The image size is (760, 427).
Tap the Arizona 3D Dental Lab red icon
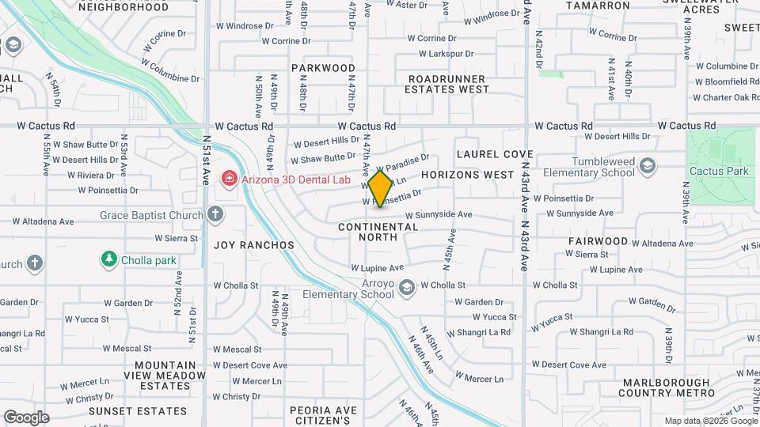point(230,179)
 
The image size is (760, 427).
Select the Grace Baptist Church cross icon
point(215,214)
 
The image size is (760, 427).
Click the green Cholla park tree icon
point(108,259)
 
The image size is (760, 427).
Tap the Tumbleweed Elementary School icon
point(648,165)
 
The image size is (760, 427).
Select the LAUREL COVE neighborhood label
point(495,154)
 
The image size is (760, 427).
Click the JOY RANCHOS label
point(254,245)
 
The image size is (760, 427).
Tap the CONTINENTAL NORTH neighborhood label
point(378,232)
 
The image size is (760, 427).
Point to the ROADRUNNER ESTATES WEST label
point(448,84)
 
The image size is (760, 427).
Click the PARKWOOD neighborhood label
point(323,68)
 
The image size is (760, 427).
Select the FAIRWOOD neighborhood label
point(598,241)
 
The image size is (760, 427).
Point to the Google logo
point(26,418)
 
